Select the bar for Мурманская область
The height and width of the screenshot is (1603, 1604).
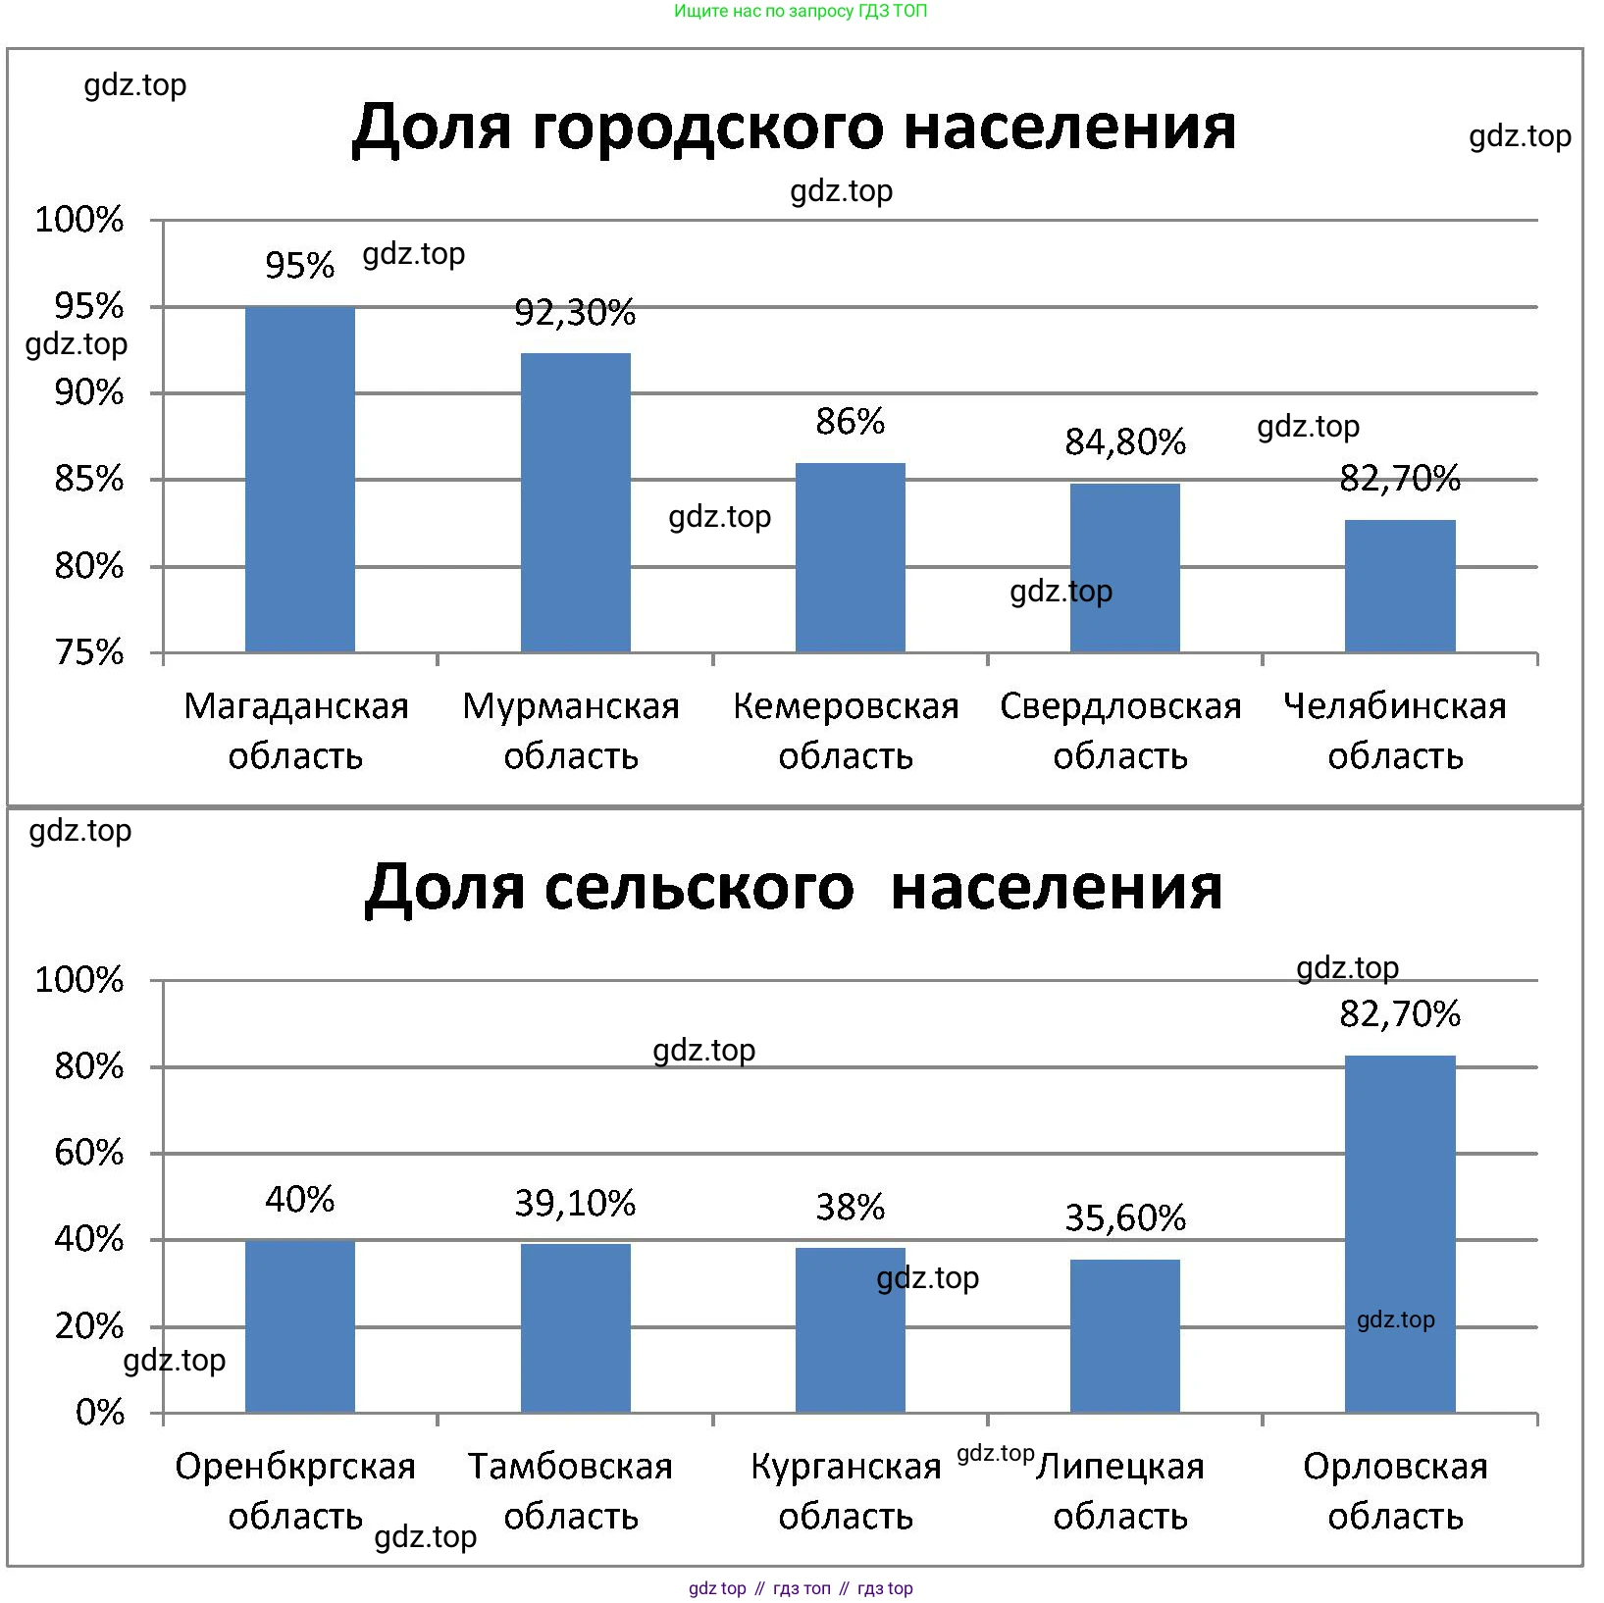[575, 502]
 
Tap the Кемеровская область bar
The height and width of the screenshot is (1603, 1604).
[850, 557]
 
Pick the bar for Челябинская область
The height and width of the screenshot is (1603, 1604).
[1400, 586]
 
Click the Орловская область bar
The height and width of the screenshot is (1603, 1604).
[1400, 1233]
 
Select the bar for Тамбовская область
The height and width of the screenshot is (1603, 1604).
[575, 1328]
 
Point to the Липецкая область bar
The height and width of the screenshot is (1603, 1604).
[1125, 1336]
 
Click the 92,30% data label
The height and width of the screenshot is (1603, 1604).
[575, 313]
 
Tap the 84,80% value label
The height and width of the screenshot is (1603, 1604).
[1125, 442]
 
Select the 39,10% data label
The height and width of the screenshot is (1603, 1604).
[575, 1204]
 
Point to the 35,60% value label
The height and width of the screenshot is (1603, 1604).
[1125, 1218]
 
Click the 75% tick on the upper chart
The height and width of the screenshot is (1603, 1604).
[89, 652]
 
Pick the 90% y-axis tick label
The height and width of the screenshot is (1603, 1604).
[89, 393]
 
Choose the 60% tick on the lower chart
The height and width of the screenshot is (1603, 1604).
[89, 1153]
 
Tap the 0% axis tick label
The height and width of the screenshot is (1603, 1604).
[100, 1413]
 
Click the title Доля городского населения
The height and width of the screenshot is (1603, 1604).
[794, 128]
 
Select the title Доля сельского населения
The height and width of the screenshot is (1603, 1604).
[794, 888]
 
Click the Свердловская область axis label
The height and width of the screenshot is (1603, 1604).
[1120, 731]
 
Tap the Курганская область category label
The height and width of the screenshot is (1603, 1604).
[846, 1491]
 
